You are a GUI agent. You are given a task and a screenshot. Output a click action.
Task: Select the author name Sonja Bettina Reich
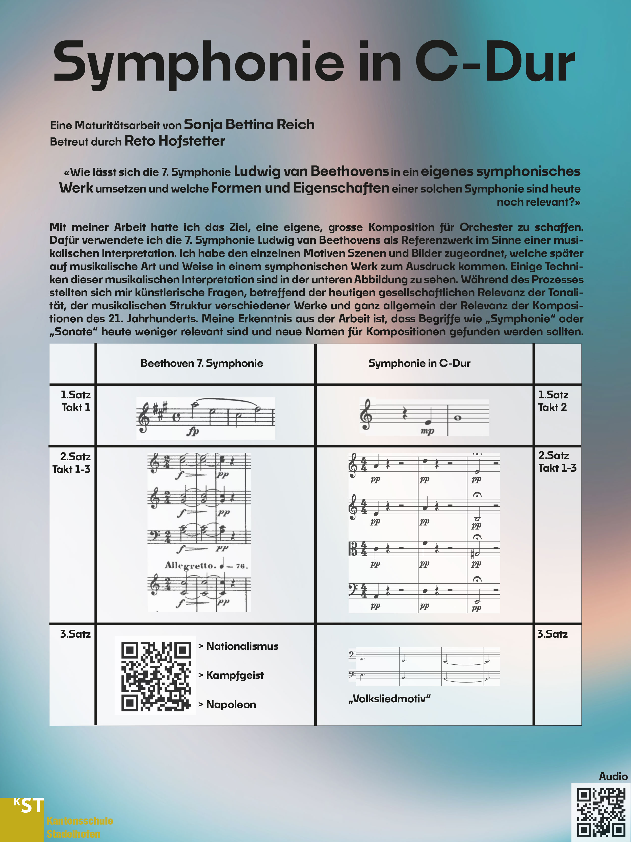pos(249,125)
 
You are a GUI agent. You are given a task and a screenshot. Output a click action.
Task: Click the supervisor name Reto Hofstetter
pos(175,141)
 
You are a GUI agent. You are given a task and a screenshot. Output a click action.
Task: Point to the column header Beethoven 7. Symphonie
pos(202,363)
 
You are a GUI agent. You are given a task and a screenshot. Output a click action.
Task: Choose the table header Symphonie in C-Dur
pos(419,363)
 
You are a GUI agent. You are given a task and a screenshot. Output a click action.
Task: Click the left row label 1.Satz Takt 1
pos(76,401)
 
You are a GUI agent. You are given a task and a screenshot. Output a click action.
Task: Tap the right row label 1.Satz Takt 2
pos(553,401)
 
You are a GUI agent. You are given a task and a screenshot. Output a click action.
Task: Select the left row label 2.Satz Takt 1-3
pos(72,463)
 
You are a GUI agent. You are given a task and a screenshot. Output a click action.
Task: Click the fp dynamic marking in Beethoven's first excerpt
pos(193,431)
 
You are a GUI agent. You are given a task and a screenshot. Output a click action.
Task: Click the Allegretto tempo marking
pos(190,565)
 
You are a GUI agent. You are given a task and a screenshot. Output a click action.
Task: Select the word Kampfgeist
pos(235,675)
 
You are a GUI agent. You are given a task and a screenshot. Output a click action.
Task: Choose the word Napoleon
pos(231,705)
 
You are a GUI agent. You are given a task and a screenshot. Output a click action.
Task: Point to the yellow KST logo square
pos(22,819)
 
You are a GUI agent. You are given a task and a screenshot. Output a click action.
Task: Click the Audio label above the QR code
pos(613,777)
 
